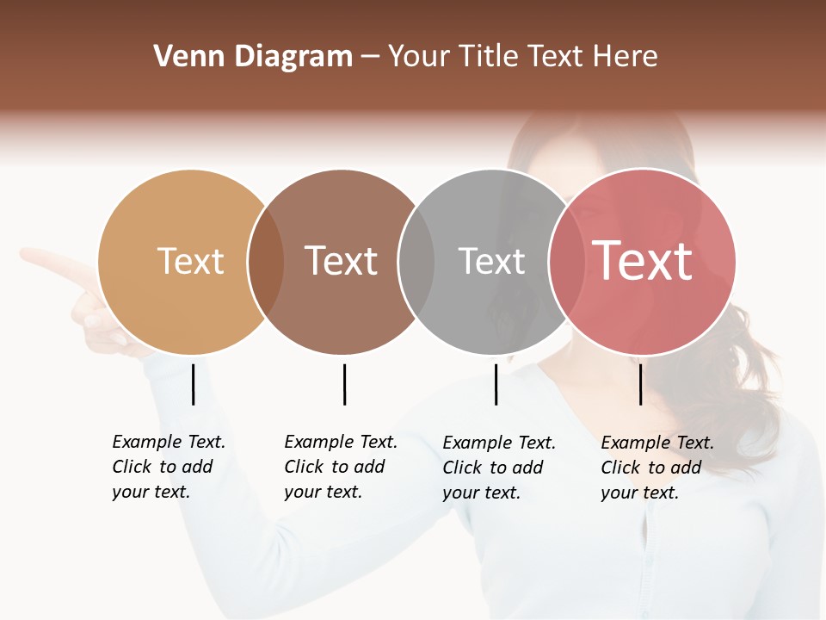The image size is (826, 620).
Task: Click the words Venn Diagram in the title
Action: pos(253,57)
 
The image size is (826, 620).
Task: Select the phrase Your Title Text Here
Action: pos(522,57)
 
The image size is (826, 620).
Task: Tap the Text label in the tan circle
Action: pos(190,261)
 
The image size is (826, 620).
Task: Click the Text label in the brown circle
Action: pos(342,261)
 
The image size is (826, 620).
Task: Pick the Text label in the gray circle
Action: pos(491,261)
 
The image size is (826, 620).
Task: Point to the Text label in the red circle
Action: pos(643,261)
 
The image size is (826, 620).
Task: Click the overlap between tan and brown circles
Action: pos(266,263)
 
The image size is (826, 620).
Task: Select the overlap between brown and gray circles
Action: pos(416,263)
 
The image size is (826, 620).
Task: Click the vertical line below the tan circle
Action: pos(193,384)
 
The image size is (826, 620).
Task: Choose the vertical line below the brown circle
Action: pos(344,384)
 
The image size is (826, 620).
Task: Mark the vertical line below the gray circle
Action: pos(496,384)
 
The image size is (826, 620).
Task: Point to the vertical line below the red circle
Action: pos(640,384)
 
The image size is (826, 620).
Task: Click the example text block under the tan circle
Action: pos(169,467)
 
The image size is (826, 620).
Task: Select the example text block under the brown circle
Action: pos(341,467)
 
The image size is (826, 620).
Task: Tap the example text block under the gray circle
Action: pos(499,468)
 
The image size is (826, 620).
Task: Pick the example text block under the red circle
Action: pos(657,468)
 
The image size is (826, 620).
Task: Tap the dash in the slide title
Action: pos(370,58)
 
